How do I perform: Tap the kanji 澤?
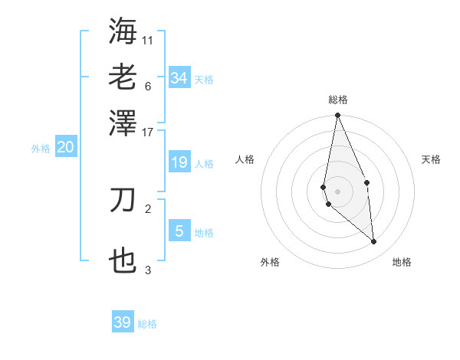point(123,122)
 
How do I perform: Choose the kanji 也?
point(123,261)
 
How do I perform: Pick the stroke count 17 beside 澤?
point(148,132)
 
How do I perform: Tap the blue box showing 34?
point(179,77)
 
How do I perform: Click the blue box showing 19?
point(179,162)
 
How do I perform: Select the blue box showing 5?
point(179,231)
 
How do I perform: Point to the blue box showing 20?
point(65,148)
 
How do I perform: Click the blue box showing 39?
point(123,322)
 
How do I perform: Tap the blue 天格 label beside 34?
point(204,80)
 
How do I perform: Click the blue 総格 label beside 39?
point(147,325)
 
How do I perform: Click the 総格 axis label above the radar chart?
point(338,100)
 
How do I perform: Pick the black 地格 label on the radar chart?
point(402,262)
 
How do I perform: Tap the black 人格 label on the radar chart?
point(245,159)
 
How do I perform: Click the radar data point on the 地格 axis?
point(374,242)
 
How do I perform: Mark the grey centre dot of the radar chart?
point(338,191)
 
